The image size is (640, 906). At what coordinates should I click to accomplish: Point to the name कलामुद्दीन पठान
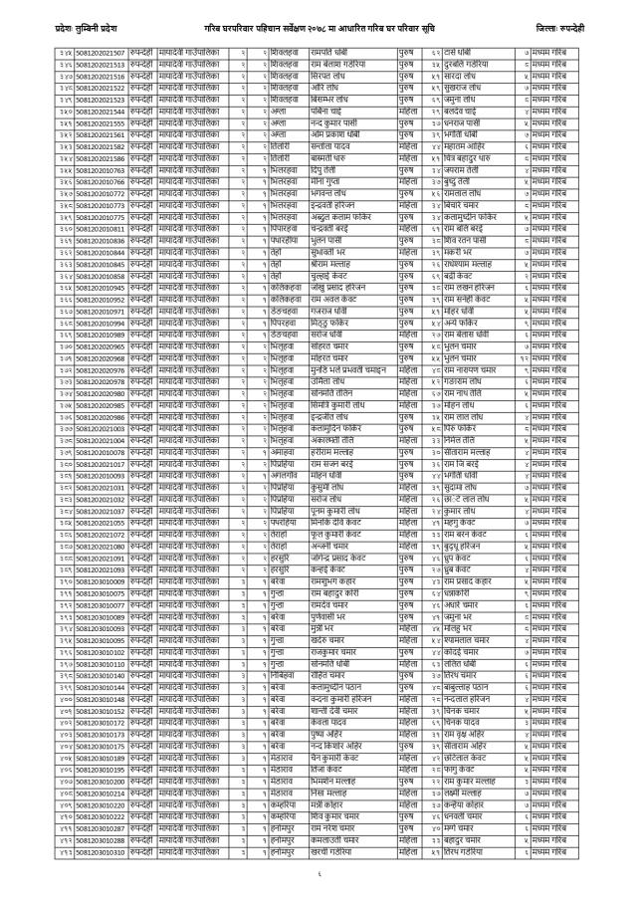[340, 687]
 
